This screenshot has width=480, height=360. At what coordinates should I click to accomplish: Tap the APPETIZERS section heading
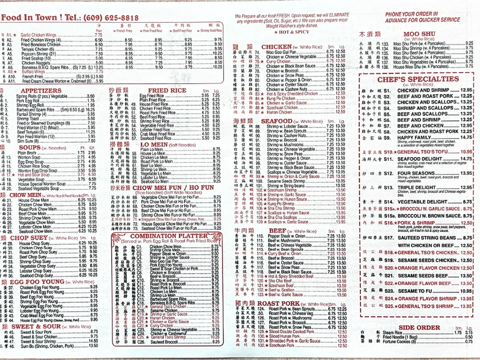pyautogui.click(x=41, y=91)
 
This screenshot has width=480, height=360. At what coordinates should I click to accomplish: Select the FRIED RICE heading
pyautogui.click(x=167, y=90)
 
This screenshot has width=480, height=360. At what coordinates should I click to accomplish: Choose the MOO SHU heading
pyautogui.click(x=419, y=34)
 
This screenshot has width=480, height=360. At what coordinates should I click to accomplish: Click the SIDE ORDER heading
pyautogui.click(x=419, y=328)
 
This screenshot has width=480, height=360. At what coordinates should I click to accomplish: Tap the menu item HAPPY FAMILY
pyautogui.click(x=414, y=137)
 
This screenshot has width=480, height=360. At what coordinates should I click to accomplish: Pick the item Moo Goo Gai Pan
pyautogui.click(x=281, y=52)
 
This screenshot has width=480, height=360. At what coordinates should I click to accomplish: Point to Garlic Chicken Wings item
pyautogui.click(x=39, y=35)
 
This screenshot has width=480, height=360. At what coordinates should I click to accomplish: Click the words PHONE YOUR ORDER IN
pyautogui.click(x=411, y=14)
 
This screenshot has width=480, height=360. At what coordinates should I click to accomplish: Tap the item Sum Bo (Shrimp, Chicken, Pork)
pyautogui.click(x=47, y=346)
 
